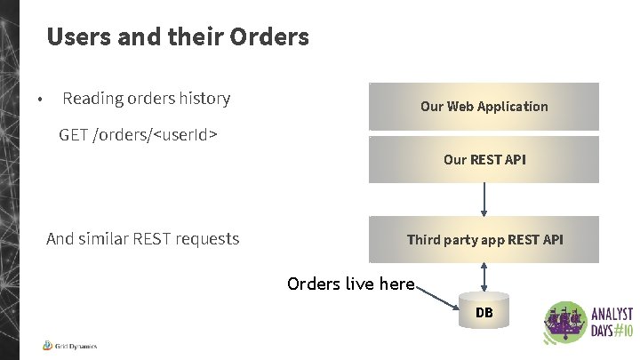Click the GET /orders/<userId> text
(x=139, y=135)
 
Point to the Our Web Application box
(x=484, y=107)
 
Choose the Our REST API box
(x=484, y=160)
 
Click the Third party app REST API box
(x=484, y=239)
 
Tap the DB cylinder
(x=484, y=313)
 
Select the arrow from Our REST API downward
(x=484, y=199)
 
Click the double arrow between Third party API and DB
(x=484, y=276)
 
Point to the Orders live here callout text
(x=350, y=284)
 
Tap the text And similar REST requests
(x=142, y=238)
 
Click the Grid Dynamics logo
(x=69, y=346)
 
